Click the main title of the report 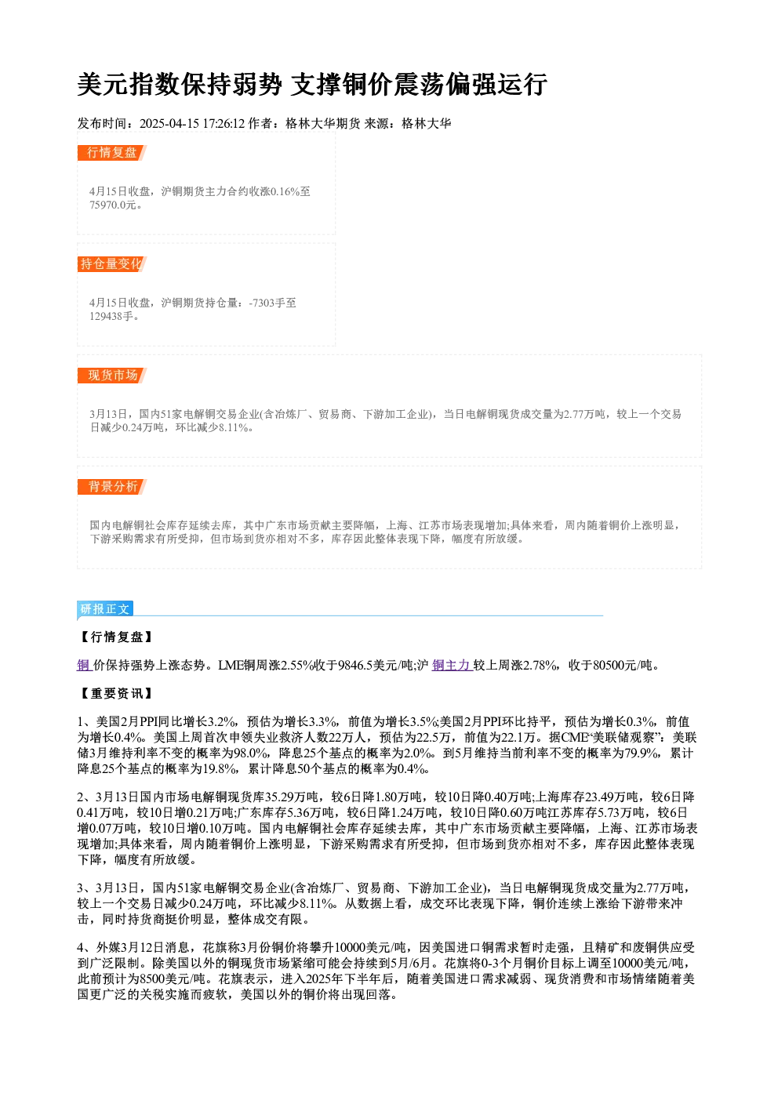point(312,85)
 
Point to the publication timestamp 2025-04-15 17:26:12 point(192,123)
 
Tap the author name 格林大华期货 point(322,123)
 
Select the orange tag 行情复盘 point(111,153)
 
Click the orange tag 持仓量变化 point(111,264)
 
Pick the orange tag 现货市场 point(112,376)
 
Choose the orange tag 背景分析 point(112,487)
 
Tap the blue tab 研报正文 point(105,609)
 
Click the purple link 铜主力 point(452,666)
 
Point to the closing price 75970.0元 point(112,205)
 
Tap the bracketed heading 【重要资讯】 point(116,693)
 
